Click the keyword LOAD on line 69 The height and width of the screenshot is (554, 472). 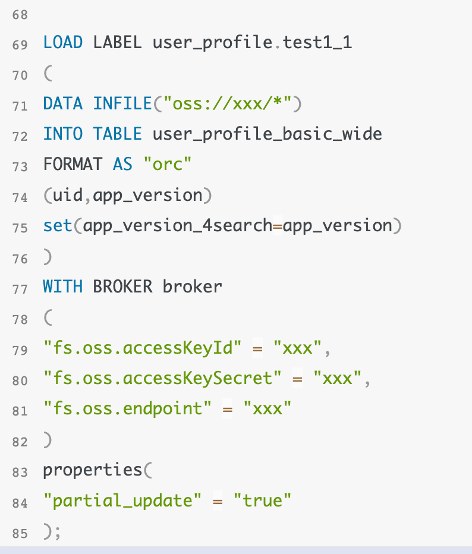[x=62, y=43]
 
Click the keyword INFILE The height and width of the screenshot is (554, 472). [x=122, y=105]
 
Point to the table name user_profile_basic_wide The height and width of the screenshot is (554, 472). [x=267, y=134]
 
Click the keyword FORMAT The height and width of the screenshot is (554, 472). [x=73, y=165]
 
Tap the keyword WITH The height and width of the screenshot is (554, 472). [x=62, y=287]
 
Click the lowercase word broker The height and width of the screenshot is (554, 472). [x=192, y=287]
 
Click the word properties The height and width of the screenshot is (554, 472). [x=92, y=471]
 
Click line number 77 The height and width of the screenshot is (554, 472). [x=20, y=289]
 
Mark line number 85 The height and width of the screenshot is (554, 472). [x=20, y=533]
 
